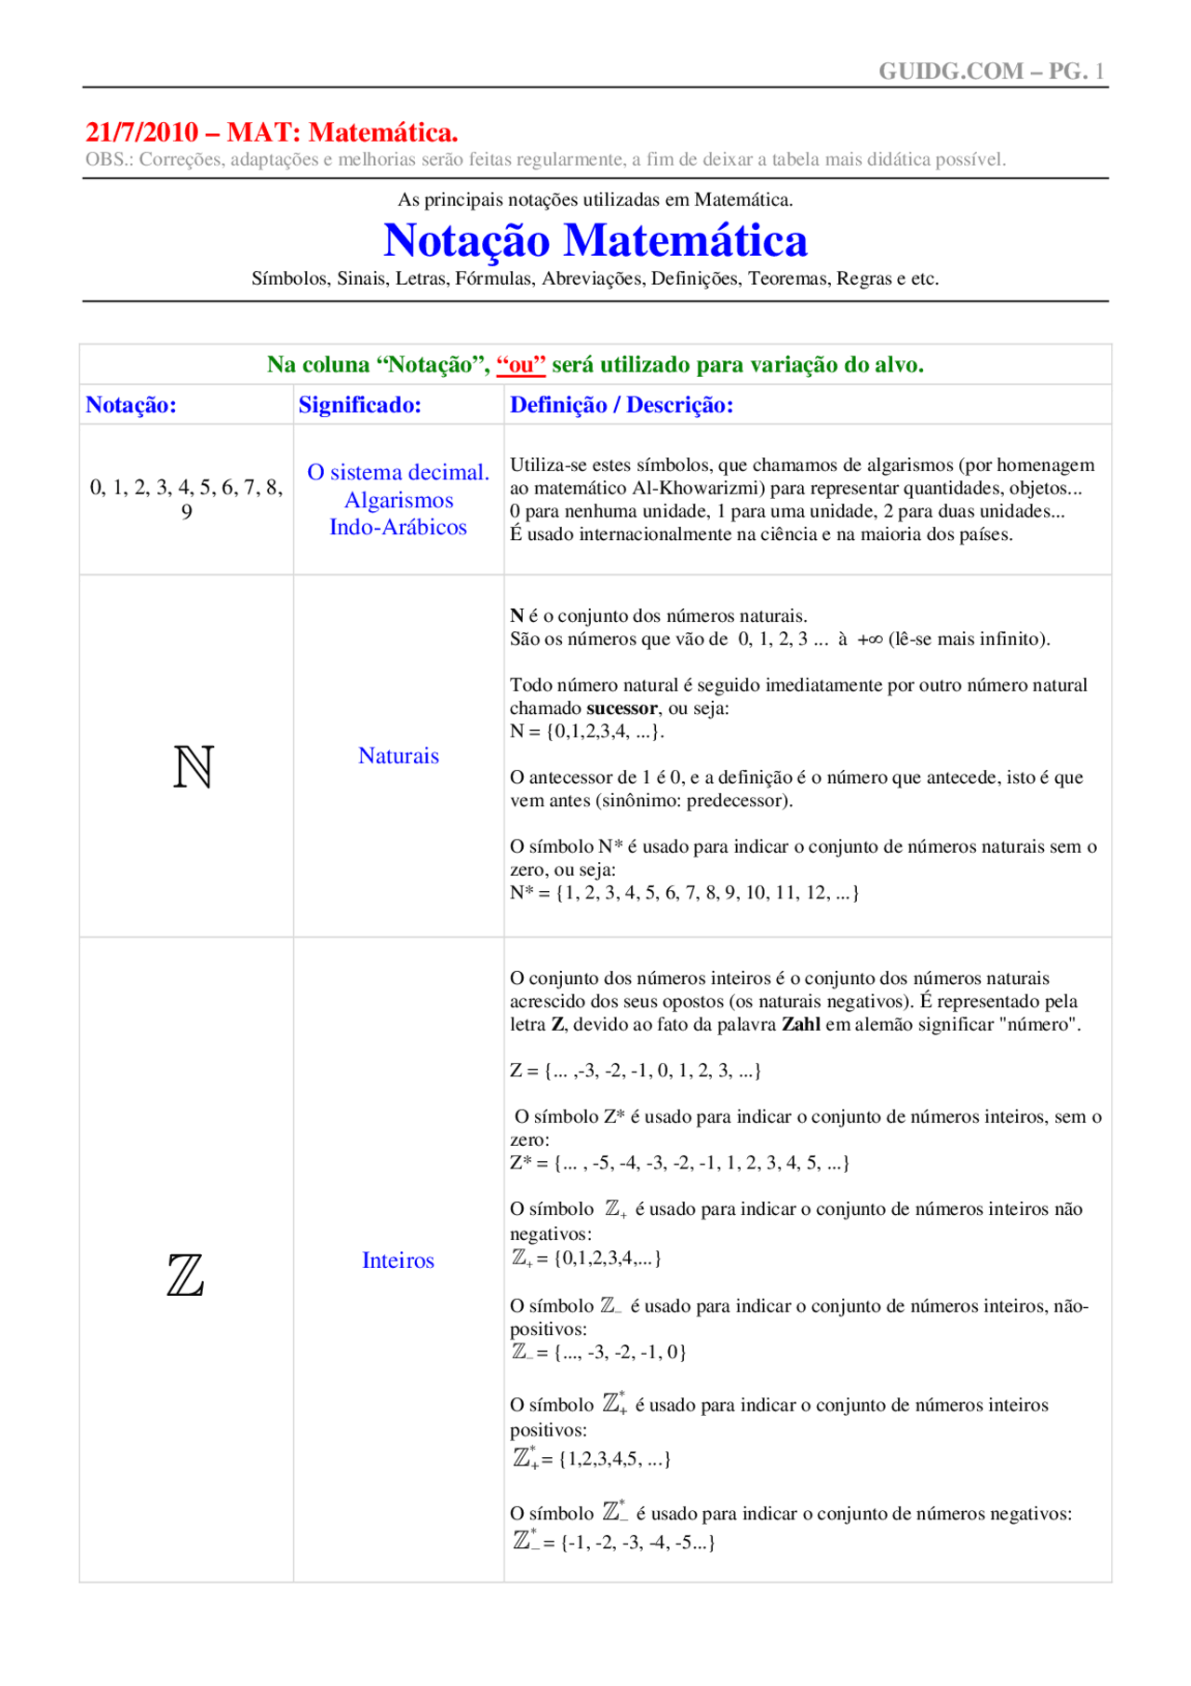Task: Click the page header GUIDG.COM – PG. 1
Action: click(991, 72)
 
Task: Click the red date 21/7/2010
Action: click(141, 132)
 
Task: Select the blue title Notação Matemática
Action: click(595, 240)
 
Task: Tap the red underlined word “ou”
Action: click(521, 365)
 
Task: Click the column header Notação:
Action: click(131, 405)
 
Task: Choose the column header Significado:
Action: click(360, 405)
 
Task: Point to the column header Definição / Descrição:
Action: click(622, 405)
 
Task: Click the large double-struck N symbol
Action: click(194, 767)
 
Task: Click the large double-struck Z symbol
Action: click(185, 1275)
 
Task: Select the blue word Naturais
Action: click(398, 756)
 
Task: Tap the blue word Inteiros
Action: click(398, 1261)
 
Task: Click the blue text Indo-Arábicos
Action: click(398, 527)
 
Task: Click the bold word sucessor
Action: click(622, 708)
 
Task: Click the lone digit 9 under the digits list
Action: click(187, 512)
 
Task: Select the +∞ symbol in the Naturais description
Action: click(869, 640)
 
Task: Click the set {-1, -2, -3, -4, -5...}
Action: click(638, 1543)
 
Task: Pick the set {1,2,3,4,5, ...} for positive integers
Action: click(615, 1459)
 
